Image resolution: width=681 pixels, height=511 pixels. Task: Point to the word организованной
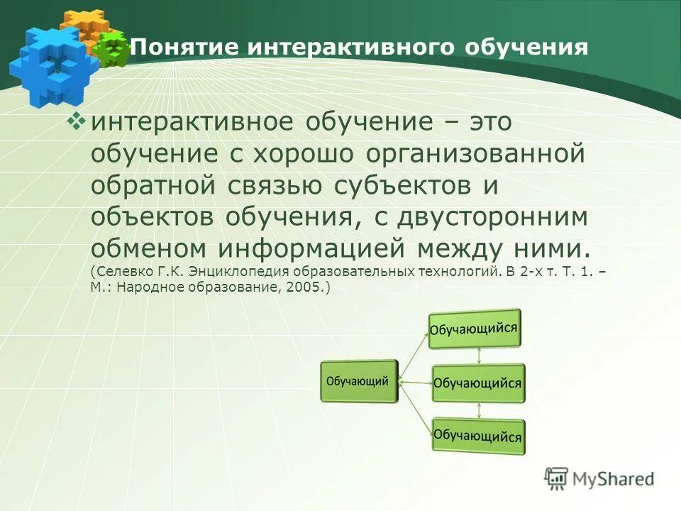coord(476,154)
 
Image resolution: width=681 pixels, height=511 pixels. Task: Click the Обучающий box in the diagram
coord(358,381)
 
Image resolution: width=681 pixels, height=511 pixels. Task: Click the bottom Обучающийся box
coord(477,435)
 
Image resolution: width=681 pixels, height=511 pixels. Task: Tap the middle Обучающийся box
coord(477,383)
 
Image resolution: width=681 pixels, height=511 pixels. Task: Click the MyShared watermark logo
coord(599,478)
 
